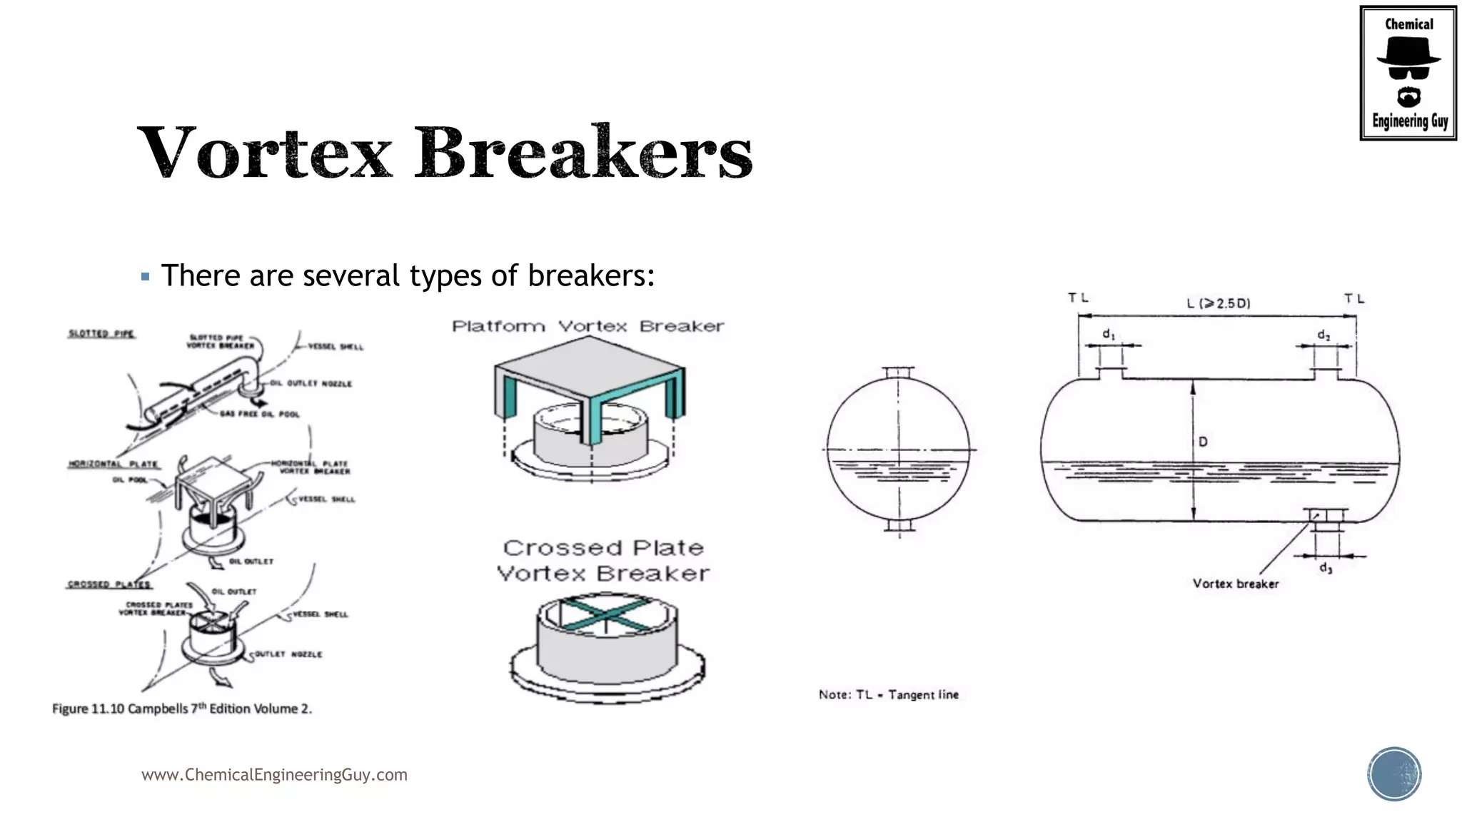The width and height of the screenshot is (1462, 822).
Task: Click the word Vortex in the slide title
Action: pyautogui.click(x=266, y=151)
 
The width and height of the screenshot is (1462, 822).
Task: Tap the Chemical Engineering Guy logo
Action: pyautogui.click(x=1408, y=73)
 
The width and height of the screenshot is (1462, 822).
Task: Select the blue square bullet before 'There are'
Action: pyautogui.click(x=146, y=277)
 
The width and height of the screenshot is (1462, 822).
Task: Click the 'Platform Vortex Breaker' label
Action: pyautogui.click(x=588, y=326)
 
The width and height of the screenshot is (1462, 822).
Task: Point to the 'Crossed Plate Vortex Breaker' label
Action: pyautogui.click(x=603, y=560)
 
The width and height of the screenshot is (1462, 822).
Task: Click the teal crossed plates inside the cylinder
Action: pyautogui.click(x=606, y=614)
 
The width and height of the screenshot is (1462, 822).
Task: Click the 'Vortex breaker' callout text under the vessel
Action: pyautogui.click(x=1235, y=584)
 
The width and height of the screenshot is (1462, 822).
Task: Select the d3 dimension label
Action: pyautogui.click(x=1325, y=568)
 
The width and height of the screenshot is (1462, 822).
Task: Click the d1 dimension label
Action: pyautogui.click(x=1108, y=334)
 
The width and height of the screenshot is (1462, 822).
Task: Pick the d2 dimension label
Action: pyautogui.click(x=1324, y=335)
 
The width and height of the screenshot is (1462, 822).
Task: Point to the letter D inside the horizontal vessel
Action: pyautogui.click(x=1203, y=442)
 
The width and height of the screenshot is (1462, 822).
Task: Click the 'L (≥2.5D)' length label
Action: pyautogui.click(x=1219, y=303)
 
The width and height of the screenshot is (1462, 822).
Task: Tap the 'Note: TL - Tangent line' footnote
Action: pyautogui.click(x=888, y=694)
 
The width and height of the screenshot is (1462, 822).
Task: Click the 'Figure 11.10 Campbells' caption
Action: pyautogui.click(x=182, y=709)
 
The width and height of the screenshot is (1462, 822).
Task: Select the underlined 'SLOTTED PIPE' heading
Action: pyautogui.click(x=101, y=333)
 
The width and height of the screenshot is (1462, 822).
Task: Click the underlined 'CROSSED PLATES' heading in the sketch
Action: pyautogui.click(x=109, y=584)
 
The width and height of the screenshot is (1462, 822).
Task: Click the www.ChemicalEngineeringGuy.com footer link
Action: pyautogui.click(x=274, y=774)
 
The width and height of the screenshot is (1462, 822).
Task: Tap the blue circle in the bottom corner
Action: pyautogui.click(x=1394, y=773)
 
